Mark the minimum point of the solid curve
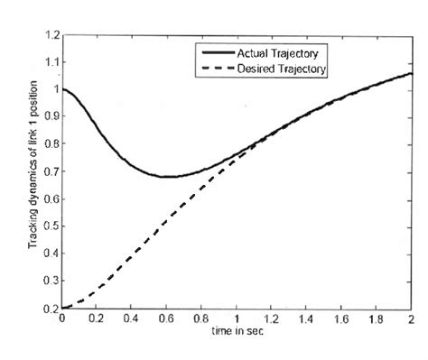pyautogui.click(x=168, y=176)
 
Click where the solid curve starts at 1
pyautogui.click(x=62, y=89)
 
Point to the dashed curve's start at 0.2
pyautogui.click(x=62, y=307)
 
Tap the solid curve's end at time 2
pyautogui.click(x=412, y=74)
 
